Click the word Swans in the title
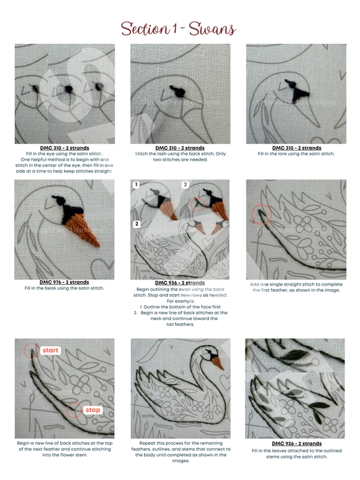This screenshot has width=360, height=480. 212,29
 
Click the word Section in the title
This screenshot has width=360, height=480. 145,29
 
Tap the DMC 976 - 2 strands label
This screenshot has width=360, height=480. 64,282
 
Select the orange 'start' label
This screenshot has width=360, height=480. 51,350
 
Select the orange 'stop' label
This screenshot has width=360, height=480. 93,410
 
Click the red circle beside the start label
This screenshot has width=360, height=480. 32,351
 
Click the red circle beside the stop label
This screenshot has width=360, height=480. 74,410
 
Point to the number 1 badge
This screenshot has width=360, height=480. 136,184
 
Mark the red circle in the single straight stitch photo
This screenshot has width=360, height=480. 261,215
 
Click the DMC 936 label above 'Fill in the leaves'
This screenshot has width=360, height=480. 297,444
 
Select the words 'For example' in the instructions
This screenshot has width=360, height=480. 180,301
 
